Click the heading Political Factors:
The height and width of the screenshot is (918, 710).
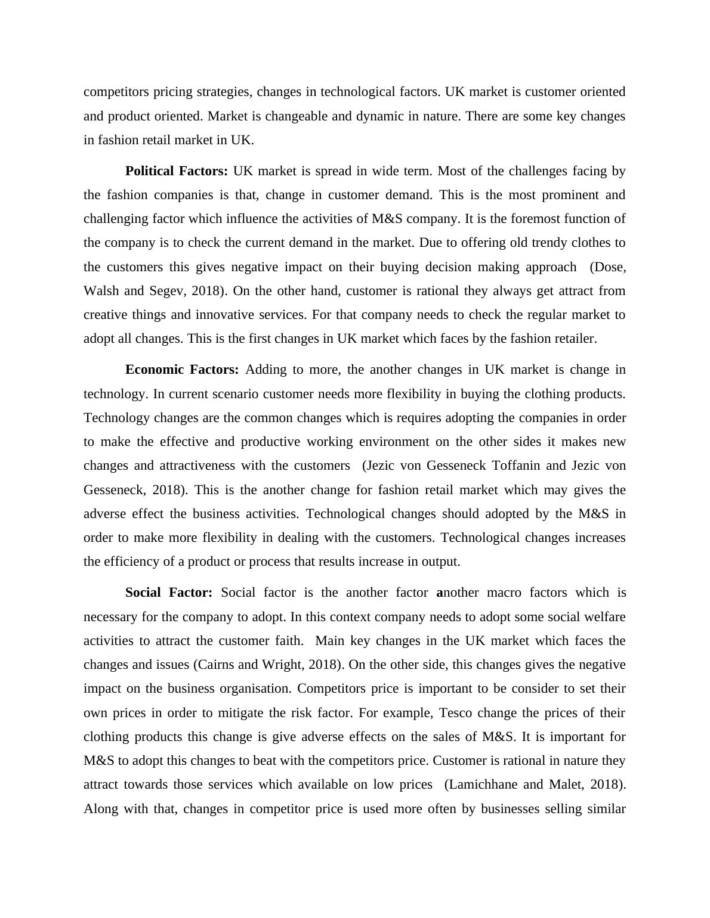point(177,171)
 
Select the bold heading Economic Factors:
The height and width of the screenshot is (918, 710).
point(182,370)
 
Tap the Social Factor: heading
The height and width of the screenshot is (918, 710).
point(169,593)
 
